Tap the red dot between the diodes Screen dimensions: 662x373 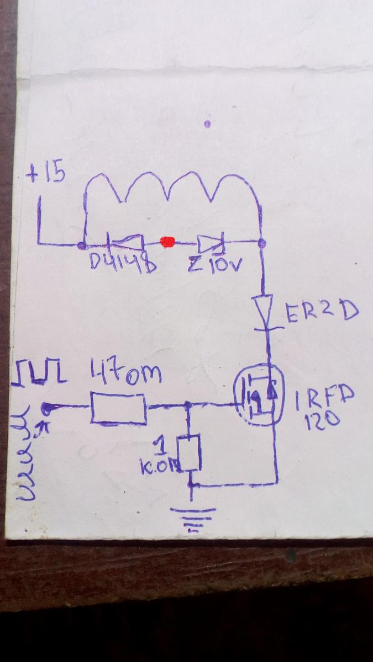point(167,242)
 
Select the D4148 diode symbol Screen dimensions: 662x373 point(125,242)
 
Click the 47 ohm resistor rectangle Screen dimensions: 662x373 point(118,408)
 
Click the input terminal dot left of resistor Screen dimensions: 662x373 point(48,409)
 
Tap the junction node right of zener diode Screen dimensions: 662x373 point(262,243)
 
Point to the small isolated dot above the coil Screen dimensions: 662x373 point(207,124)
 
